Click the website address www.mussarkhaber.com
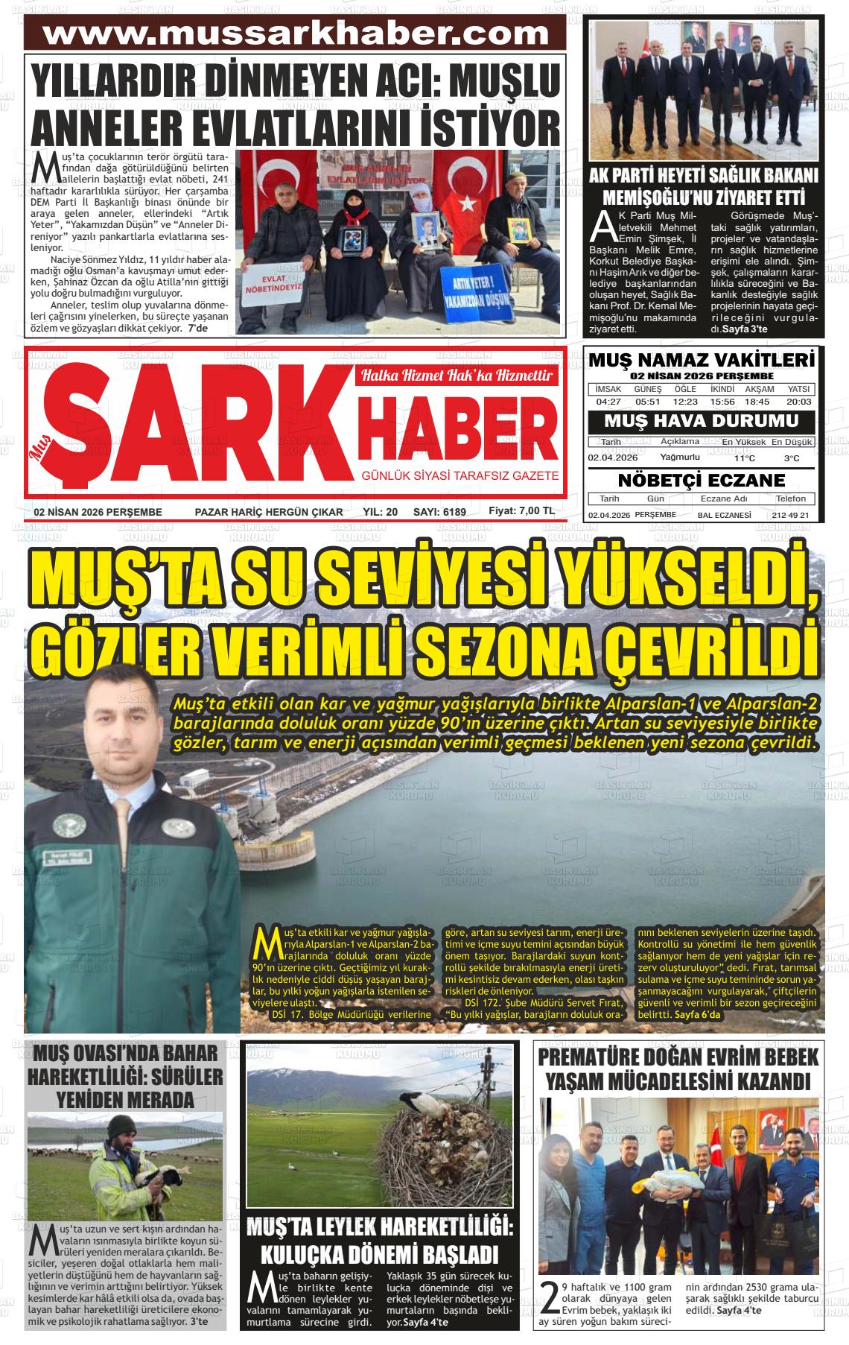(x=296, y=33)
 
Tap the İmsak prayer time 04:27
(x=608, y=402)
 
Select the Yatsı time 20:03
(x=798, y=402)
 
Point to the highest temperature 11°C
(x=743, y=458)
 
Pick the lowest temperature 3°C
(x=792, y=458)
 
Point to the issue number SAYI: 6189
(x=439, y=512)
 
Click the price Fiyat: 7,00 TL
(x=521, y=511)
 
